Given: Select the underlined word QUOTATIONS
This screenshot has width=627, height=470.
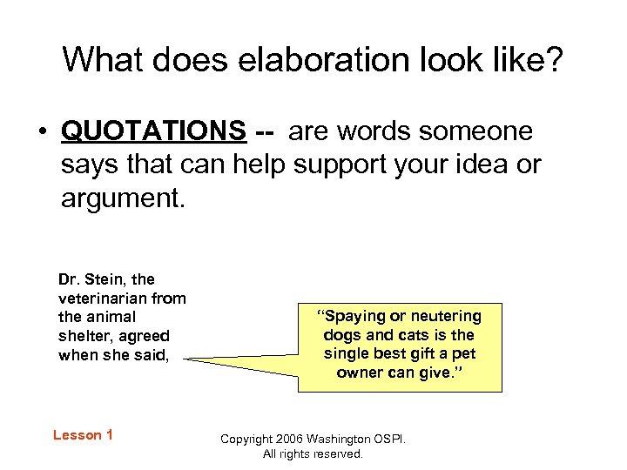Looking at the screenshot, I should tap(154, 131).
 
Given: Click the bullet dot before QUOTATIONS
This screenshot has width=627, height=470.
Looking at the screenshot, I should tap(41, 132).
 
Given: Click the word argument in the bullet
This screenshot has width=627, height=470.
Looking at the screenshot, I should tap(121, 198).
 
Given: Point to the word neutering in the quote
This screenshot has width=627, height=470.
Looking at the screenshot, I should tap(448, 316).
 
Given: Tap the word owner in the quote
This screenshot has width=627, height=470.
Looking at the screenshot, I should tap(358, 373).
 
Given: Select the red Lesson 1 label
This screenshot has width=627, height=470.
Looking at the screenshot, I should tap(83, 435).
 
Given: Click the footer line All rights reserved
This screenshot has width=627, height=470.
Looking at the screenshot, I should tap(313, 453).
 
